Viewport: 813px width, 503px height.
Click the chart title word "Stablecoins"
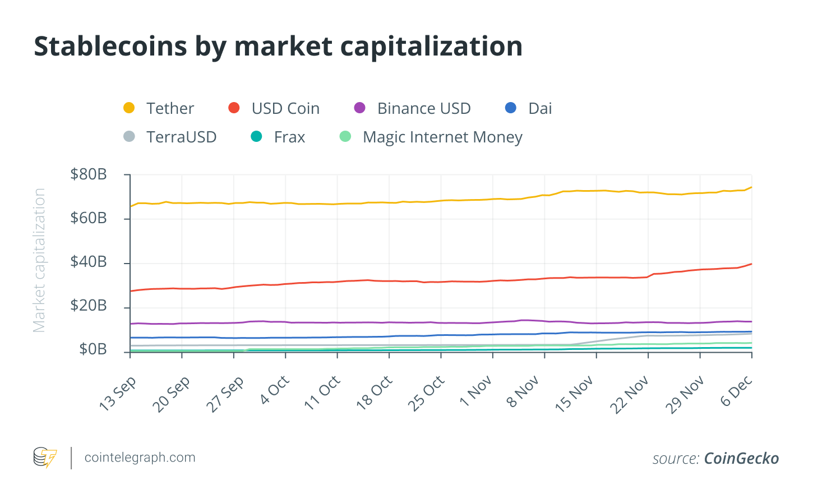pyautogui.click(x=110, y=47)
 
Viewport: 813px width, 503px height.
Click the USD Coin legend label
pyautogui.click(x=285, y=108)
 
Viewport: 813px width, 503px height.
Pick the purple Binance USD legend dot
pyautogui.click(x=359, y=108)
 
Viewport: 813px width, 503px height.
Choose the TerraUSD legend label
pyautogui.click(x=181, y=137)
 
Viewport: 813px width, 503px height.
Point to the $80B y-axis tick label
pyautogui.click(x=89, y=174)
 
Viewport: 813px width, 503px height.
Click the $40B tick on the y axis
pyautogui.click(x=89, y=262)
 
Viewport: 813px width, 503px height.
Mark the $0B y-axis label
pyautogui.click(x=93, y=349)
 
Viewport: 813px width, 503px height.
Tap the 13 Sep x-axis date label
pyautogui.click(x=118, y=394)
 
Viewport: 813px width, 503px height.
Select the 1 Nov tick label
pyautogui.click(x=476, y=391)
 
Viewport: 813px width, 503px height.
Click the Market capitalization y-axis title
pyautogui.click(x=39, y=260)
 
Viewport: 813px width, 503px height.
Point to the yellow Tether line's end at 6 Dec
pyautogui.click(x=751, y=187)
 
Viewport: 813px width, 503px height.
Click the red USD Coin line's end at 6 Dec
pyautogui.click(x=751, y=264)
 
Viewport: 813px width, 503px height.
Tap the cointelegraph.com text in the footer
pyautogui.click(x=140, y=458)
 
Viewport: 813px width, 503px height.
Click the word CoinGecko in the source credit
pyautogui.click(x=741, y=459)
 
